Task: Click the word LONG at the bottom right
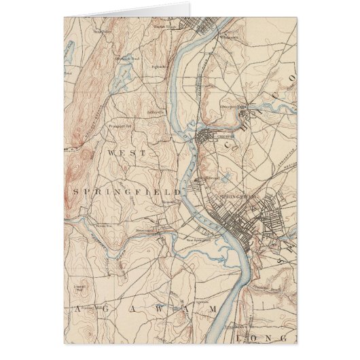276,338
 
